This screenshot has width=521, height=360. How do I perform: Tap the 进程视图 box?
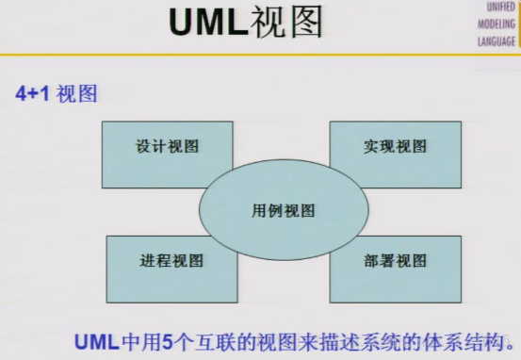tap(171, 261)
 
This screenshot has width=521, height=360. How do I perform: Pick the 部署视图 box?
tap(395, 261)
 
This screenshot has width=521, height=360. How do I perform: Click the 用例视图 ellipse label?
tap(283, 210)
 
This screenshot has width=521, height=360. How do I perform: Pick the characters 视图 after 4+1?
tap(76, 94)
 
